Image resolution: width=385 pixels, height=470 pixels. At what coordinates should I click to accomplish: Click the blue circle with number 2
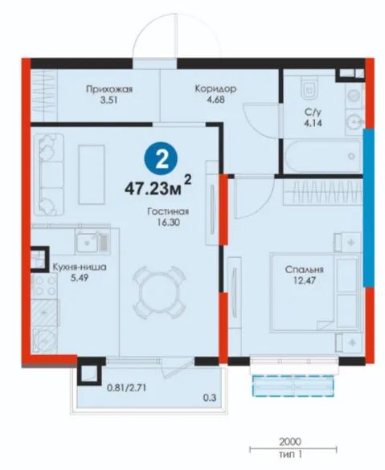[161, 159]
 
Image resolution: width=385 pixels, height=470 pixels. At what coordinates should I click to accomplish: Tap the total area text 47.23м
[153, 189]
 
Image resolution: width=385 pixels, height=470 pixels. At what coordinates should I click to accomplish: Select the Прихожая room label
[109, 89]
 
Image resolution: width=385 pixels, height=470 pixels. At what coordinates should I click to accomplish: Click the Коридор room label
[215, 88]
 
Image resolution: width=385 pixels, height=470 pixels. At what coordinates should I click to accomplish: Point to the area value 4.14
[313, 123]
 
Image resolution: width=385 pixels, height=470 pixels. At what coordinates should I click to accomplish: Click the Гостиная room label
[168, 211]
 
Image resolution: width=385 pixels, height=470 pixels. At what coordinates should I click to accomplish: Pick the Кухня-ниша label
[80, 267]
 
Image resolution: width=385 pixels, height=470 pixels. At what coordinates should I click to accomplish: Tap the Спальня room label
[305, 269]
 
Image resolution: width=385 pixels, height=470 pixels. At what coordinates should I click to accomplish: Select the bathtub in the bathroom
[323, 157]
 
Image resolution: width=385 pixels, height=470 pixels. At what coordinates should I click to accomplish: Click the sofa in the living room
[49, 175]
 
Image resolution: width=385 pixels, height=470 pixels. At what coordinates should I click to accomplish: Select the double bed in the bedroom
[314, 292]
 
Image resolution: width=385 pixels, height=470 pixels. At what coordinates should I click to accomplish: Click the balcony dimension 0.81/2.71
[127, 388]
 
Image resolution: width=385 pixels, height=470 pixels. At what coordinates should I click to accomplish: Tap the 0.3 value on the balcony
[210, 398]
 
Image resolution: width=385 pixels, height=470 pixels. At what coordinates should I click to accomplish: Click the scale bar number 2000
[290, 442]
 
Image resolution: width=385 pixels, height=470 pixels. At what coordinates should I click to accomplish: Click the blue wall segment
[368, 208]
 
